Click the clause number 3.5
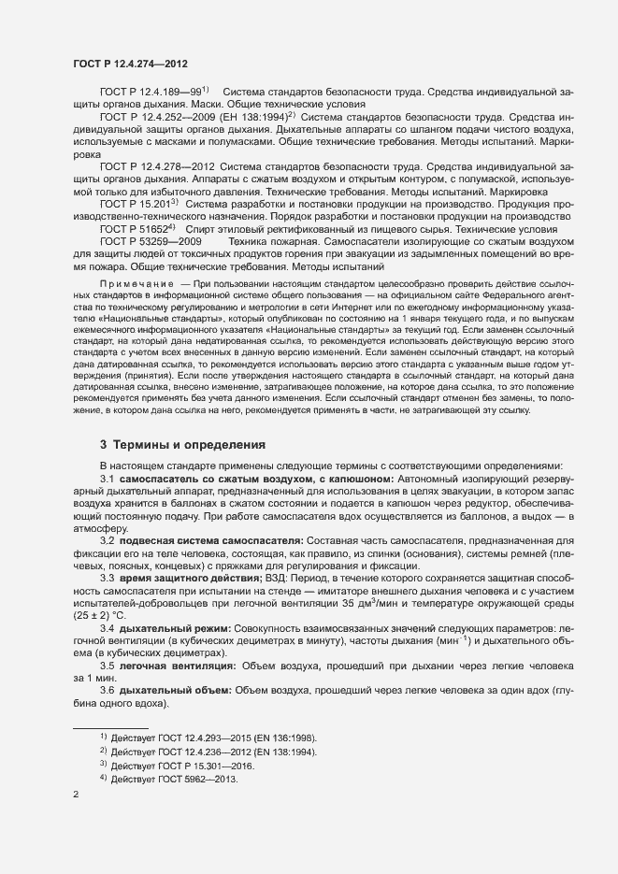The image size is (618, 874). pyautogui.click(x=109, y=666)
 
